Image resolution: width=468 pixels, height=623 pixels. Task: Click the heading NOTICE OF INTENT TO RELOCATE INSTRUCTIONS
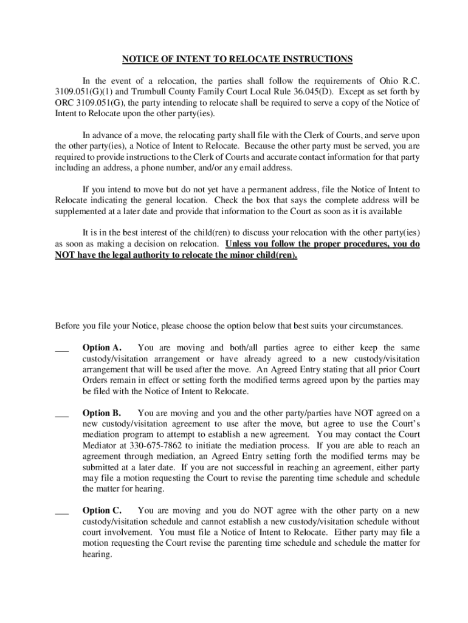(237, 59)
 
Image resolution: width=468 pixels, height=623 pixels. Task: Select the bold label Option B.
(102, 413)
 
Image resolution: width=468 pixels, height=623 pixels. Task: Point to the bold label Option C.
(102, 510)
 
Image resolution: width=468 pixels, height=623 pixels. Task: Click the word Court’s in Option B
(404, 423)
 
